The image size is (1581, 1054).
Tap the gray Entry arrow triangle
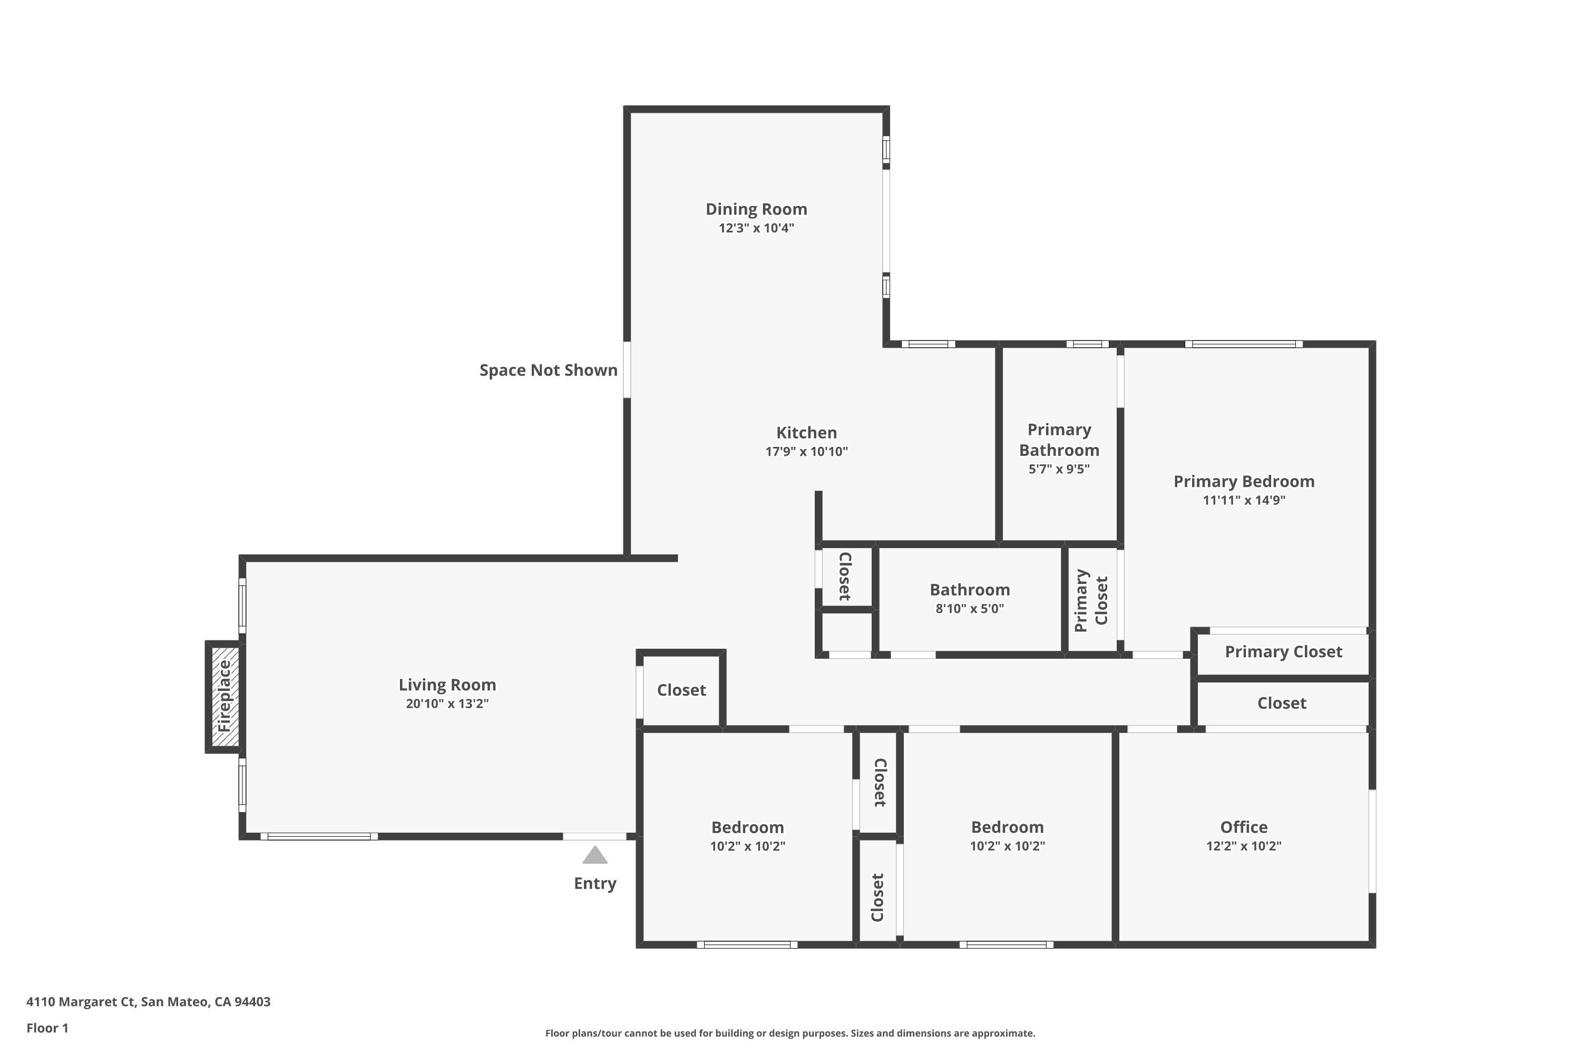click(x=595, y=856)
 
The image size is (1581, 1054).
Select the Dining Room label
click(x=756, y=209)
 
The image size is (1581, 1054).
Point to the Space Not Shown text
click(x=548, y=370)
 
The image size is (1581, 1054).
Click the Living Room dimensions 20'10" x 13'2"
click(x=447, y=704)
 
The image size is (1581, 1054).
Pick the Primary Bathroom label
click(x=1059, y=440)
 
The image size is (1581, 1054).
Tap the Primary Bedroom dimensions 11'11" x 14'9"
click(x=1244, y=500)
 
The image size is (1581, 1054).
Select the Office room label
click(x=1244, y=827)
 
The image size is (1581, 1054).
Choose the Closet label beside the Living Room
click(x=681, y=690)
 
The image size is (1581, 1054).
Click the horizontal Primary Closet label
click(x=1283, y=651)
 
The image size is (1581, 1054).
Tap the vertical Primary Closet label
click(x=1090, y=600)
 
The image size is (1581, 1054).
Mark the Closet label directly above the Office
click(x=1281, y=703)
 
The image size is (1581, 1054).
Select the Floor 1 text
click(x=47, y=1028)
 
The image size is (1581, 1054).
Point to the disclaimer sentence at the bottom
click(x=790, y=1033)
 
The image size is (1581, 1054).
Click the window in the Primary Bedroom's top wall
click(x=1244, y=344)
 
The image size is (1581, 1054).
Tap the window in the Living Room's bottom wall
click(x=319, y=836)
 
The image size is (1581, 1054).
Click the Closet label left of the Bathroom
click(x=845, y=576)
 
